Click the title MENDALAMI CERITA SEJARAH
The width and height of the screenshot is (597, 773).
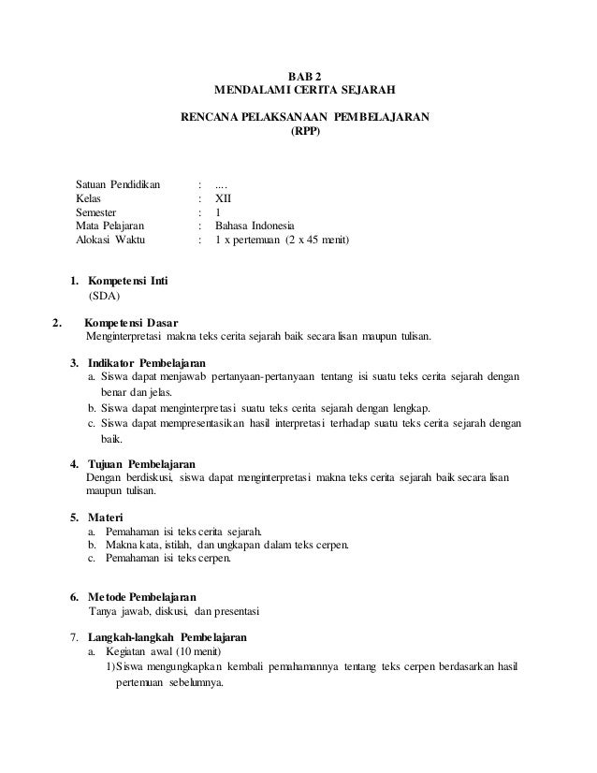(x=305, y=91)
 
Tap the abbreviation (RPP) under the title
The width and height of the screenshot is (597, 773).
(x=305, y=132)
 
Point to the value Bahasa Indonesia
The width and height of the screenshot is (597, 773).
(x=254, y=226)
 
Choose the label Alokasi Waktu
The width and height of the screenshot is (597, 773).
(x=111, y=241)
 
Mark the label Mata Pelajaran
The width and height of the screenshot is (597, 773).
(x=113, y=226)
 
